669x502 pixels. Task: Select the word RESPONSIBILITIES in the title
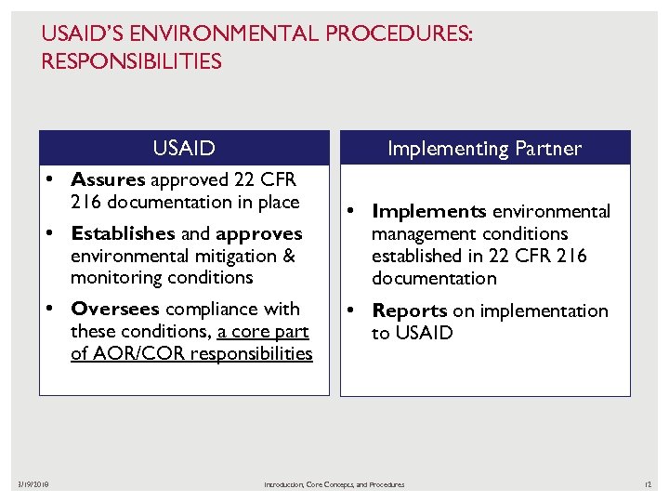click(131, 62)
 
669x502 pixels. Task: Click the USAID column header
click(184, 148)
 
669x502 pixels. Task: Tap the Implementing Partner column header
click(484, 148)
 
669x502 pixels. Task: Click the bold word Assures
click(108, 179)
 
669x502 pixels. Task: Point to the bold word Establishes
click(123, 233)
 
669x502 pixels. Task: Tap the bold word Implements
click(428, 211)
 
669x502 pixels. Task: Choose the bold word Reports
click(410, 310)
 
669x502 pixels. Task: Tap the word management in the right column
click(422, 233)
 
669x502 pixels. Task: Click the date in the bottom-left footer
click(34, 484)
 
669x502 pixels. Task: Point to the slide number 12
click(648, 484)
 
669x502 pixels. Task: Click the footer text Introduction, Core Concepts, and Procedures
click(334, 484)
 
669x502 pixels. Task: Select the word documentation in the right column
click(434, 278)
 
